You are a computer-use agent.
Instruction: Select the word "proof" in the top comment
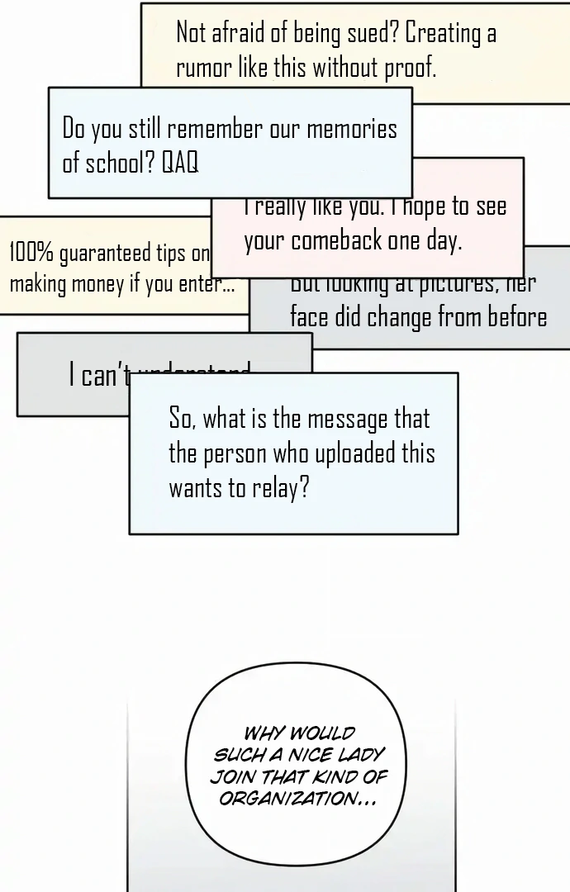[x=410, y=68]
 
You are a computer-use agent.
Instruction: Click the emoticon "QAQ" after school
[x=180, y=163]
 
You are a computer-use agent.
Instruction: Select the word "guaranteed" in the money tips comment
[x=106, y=254]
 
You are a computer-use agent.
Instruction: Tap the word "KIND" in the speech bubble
[x=330, y=777]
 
